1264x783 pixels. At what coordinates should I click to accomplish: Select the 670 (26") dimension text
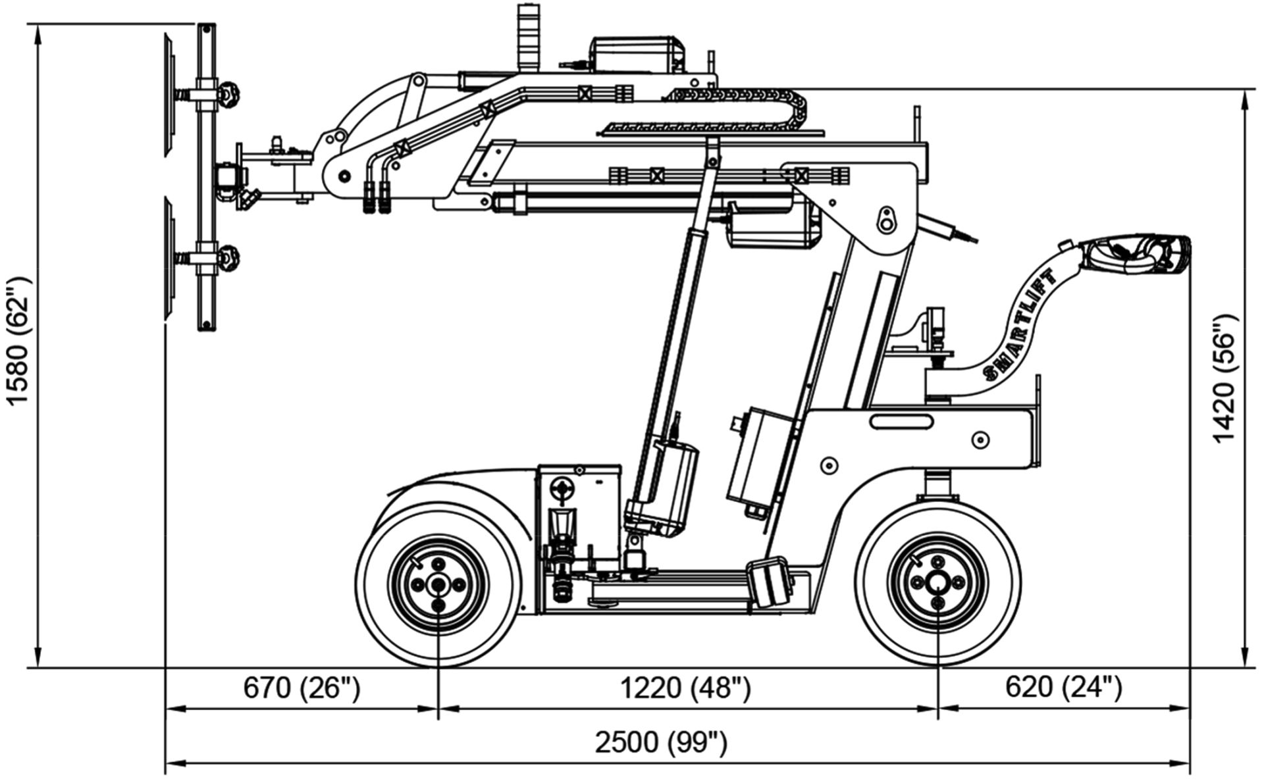302,688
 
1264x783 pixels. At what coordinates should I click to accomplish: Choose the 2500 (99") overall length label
661,743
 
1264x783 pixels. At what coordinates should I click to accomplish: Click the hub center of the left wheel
438,585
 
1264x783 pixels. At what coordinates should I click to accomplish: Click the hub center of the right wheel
937,581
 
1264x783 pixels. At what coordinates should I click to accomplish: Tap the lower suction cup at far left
170,260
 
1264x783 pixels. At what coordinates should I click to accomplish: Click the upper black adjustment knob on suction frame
231,95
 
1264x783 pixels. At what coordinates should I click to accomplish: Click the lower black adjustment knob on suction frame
231,256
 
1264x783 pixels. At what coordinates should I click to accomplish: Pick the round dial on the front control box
563,488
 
